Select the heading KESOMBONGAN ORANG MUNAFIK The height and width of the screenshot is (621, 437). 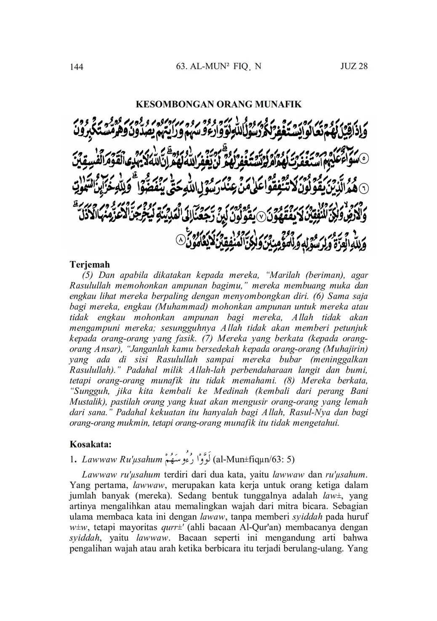[x=218, y=104]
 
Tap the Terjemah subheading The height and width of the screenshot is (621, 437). [x=89, y=264]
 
